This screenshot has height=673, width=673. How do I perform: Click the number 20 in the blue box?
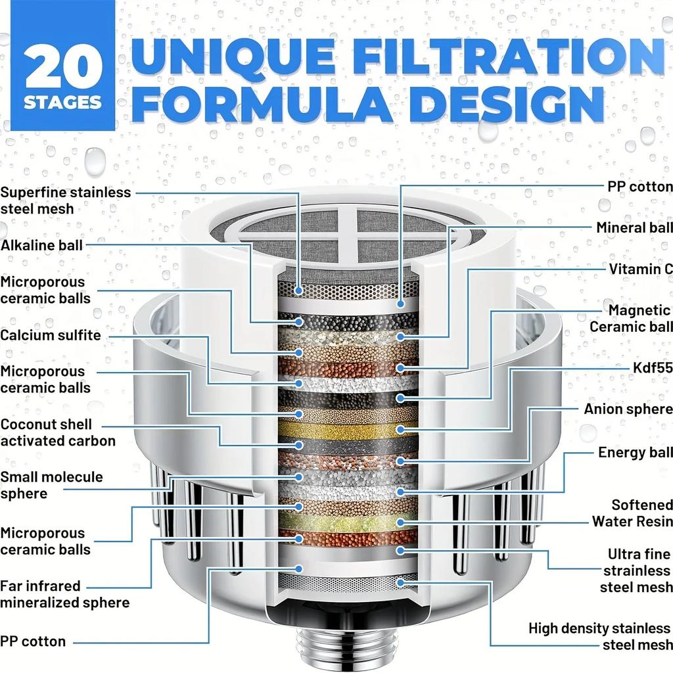click(64, 67)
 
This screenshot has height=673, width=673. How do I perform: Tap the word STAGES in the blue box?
click(63, 103)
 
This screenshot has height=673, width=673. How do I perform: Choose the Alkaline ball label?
click(42, 245)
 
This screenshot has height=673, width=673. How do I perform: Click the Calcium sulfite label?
click(51, 335)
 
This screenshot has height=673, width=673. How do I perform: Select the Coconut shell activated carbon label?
click(58, 432)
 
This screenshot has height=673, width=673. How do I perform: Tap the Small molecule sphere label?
click(51, 485)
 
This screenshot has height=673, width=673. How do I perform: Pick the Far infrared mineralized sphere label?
click(64, 593)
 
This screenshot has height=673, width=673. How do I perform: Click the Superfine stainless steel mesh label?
click(65, 200)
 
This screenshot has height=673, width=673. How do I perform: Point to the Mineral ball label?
click(634, 227)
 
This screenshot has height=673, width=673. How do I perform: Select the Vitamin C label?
click(640, 269)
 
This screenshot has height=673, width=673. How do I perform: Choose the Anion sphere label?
click(628, 409)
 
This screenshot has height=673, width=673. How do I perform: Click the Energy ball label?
click(635, 452)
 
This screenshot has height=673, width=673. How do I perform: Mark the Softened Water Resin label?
click(632, 513)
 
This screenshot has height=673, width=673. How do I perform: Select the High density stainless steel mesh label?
click(600, 637)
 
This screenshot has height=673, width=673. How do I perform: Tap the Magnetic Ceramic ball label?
click(631, 318)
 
